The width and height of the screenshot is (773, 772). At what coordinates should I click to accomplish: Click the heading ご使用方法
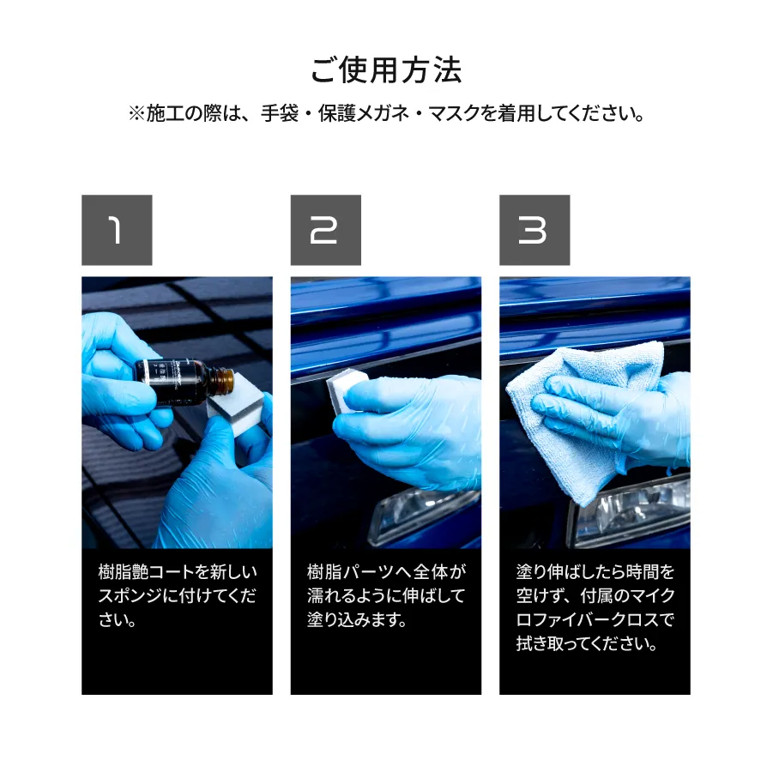click(x=386, y=70)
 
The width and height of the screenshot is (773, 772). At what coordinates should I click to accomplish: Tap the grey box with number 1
click(x=117, y=230)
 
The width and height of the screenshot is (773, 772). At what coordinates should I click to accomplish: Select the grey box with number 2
click(x=326, y=230)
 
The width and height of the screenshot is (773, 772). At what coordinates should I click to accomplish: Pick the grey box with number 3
click(x=534, y=230)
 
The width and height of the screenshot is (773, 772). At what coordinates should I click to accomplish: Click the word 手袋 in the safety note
click(x=280, y=114)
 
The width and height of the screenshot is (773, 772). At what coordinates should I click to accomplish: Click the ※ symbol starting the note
click(x=136, y=114)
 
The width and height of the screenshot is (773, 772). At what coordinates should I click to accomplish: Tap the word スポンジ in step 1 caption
click(x=130, y=595)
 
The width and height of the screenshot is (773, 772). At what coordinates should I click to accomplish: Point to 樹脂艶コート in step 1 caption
click(x=147, y=572)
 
